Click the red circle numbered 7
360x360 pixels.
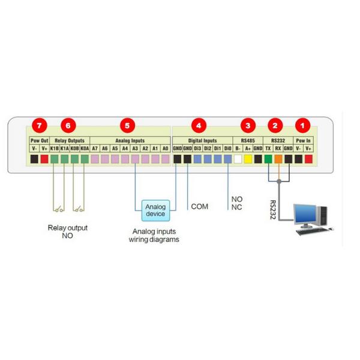(40, 125)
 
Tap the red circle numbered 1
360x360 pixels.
(304, 125)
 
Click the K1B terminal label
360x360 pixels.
(54, 148)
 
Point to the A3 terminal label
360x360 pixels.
(135, 148)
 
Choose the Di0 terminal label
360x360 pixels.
(228, 148)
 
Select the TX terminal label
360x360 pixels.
(268, 148)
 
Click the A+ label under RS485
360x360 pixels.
(248, 148)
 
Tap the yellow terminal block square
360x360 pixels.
(248, 159)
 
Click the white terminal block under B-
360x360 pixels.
(238, 159)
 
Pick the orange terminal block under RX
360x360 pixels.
(278, 159)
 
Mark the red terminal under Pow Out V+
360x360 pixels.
(44, 159)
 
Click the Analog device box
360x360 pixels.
(155, 210)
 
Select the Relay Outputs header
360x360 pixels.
(69, 140)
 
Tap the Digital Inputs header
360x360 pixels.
(202, 140)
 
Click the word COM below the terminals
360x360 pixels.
(199, 206)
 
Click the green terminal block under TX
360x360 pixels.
(268, 159)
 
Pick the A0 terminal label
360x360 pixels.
(165, 148)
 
